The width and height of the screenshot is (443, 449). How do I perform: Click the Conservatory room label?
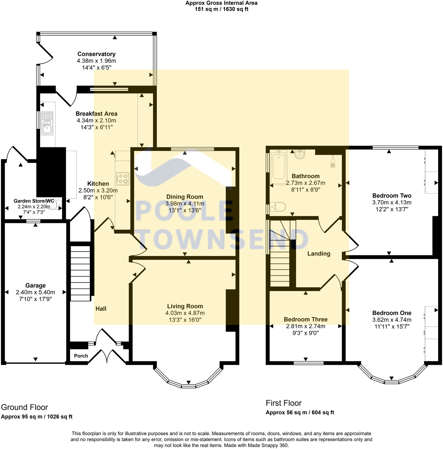[96, 54]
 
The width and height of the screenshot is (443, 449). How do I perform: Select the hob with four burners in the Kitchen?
[123, 179]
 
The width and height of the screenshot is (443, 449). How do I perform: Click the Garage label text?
[35, 285]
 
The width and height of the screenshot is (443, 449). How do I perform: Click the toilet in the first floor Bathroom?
[277, 207]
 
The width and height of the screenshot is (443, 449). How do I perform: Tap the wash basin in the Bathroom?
[300, 154]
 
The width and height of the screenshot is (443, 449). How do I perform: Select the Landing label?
[319, 254]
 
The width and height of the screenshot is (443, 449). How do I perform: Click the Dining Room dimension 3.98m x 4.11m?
[185, 203]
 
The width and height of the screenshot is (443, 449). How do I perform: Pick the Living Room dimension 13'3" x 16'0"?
[185, 320]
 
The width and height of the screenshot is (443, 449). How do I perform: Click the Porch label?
[81, 356]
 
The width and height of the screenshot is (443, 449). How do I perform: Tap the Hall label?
[101, 308]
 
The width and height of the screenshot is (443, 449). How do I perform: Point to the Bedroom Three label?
[306, 319]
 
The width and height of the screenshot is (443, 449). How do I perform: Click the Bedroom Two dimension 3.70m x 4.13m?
[392, 202]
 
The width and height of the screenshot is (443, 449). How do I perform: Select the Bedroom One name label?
[392, 313]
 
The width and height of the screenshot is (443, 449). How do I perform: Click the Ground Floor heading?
[25, 407]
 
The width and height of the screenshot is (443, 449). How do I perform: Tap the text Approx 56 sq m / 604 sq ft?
[300, 412]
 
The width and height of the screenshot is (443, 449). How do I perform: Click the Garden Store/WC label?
[34, 201]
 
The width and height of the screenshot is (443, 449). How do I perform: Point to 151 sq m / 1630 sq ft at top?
[221, 9]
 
